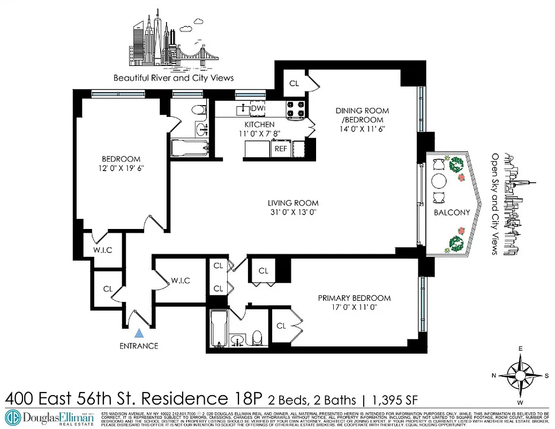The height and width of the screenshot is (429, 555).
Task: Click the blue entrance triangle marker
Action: click(139, 333)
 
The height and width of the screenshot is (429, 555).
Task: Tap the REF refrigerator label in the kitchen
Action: click(281, 149)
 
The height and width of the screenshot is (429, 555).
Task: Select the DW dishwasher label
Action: click(256, 108)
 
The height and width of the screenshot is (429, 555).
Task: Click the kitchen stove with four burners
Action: click(296, 109)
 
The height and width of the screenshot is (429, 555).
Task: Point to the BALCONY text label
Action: click(452, 212)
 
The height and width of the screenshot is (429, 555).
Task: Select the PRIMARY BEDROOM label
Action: click(354, 298)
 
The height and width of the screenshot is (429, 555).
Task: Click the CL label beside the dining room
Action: click(294, 83)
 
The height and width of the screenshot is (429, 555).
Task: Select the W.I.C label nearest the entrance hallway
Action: click(179, 280)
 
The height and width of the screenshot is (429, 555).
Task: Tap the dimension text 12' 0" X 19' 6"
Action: click(121, 168)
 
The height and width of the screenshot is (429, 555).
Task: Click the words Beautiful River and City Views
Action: click(174, 78)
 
